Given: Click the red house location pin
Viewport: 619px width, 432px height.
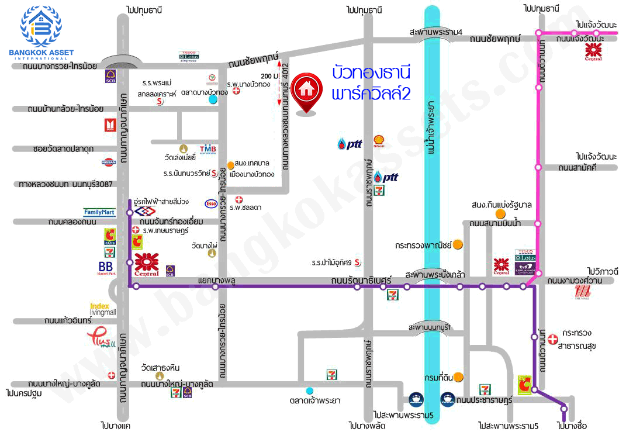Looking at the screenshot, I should click(x=305, y=92).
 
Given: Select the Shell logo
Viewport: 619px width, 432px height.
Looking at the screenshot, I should click(x=379, y=142).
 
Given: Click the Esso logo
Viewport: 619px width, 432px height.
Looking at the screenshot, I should click(x=211, y=203).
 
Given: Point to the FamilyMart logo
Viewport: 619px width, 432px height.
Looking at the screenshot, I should click(x=99, y=212).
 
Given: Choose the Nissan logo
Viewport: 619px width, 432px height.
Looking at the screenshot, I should click(x=109, y=162).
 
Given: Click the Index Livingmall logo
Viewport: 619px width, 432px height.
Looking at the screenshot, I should click(x=103, y=309).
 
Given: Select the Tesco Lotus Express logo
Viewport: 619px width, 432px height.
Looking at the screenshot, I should click(x=188, y=55).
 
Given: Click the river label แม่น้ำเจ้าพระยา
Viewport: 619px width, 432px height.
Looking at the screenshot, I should click(x=432, y=132).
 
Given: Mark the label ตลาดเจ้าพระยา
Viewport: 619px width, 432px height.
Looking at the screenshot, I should click(x=314, y=400).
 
